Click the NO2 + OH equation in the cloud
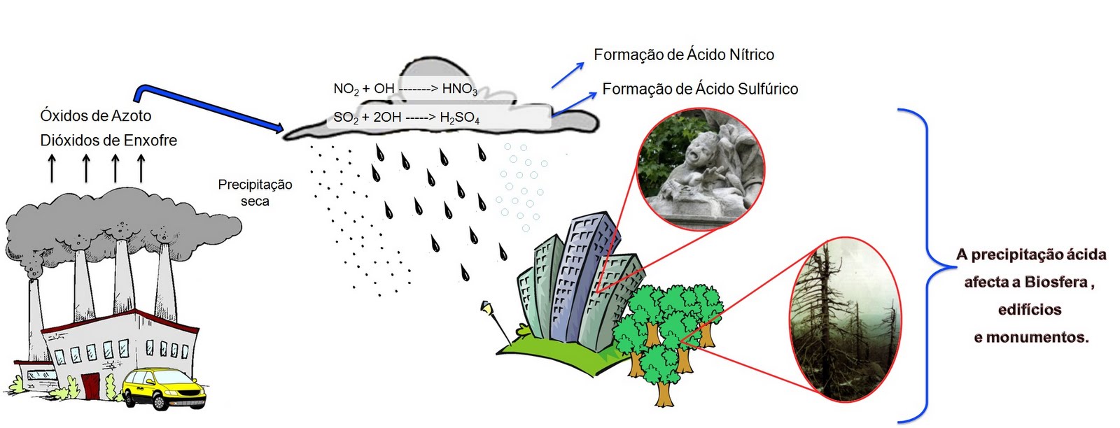pos(405,89)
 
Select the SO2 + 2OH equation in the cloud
pos(406,117)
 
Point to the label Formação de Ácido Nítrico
pos(683,55)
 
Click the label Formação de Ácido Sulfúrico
pos(700,89)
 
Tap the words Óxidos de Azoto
pos(96,115)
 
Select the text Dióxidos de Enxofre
pos(108,140)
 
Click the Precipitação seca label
pos(255,192)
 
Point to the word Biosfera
pos(1056,282)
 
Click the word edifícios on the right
pos(1029,309)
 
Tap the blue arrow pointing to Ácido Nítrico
pos(568,75)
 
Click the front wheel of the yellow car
pos(159,402)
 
